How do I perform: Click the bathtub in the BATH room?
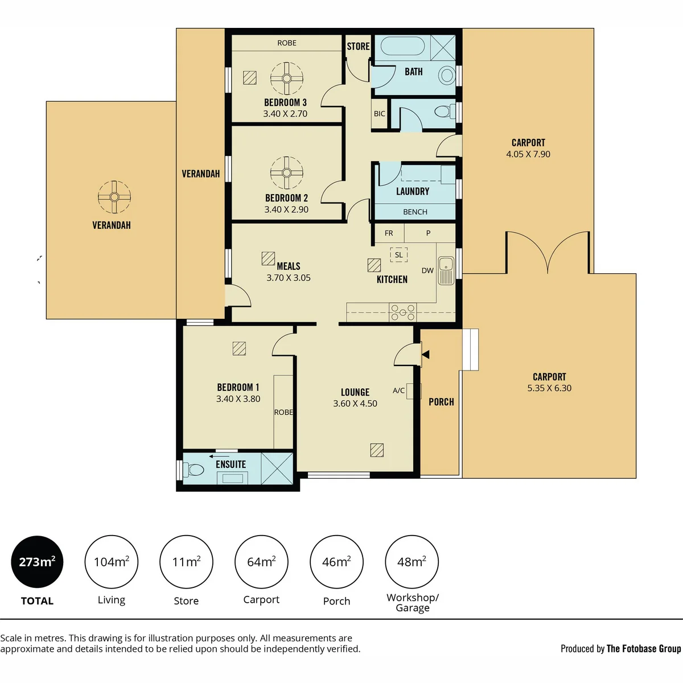[x=403, y=46]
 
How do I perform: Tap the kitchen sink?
[x=446, y=271]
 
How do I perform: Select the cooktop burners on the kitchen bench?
[x=402, y=312]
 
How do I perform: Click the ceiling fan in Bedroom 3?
[x=287, y=79]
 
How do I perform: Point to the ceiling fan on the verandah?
[x=114, y=197]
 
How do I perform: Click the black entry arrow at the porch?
[x=426, y=354]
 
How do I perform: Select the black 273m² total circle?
[x=37, y=562]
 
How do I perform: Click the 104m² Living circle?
[x=112, y=562]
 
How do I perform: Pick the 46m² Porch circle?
[x=337, y=562]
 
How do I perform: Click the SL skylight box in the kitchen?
[x=399, y=254]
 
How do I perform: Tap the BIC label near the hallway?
[x=379, y=114]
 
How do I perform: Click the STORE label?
[x=359, y=47]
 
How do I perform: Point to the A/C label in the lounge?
[x=399, y=390]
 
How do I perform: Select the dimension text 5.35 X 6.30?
[x=549, y=388]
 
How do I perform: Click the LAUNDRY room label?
[x=413, y=191]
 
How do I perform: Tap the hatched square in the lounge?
[x=377, y=450]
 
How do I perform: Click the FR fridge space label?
[x=389, y=233]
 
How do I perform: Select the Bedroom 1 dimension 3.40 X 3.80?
[x=238, y=399]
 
